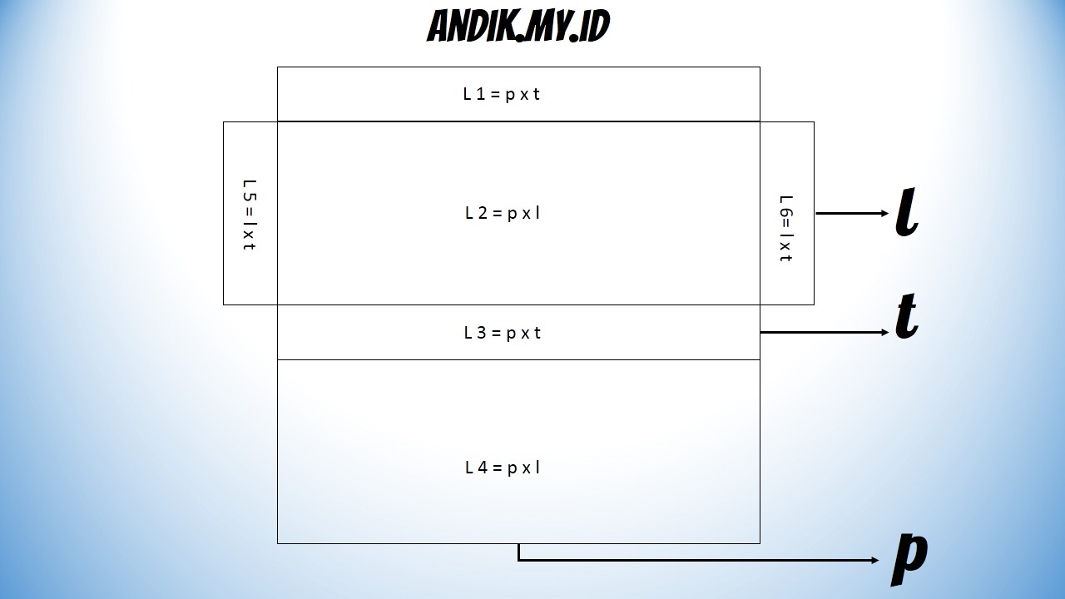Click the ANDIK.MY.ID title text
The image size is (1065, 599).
coord(518,27)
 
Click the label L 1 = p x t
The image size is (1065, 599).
coord(502,94)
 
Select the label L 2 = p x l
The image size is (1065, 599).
coord(503,213)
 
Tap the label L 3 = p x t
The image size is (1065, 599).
coord(503,333)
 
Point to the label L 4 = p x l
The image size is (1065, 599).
coord(503,468)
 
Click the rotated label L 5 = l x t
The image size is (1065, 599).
coord(250,215)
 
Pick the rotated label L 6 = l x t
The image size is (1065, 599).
coord(785,228)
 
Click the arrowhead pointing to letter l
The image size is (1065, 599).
coord(884,214)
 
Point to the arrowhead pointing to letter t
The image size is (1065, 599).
coord(884,333)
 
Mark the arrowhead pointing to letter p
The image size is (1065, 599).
coord(874,560)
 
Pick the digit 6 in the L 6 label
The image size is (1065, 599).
coord(785,212)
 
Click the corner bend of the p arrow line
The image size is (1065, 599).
coord(518,560)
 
